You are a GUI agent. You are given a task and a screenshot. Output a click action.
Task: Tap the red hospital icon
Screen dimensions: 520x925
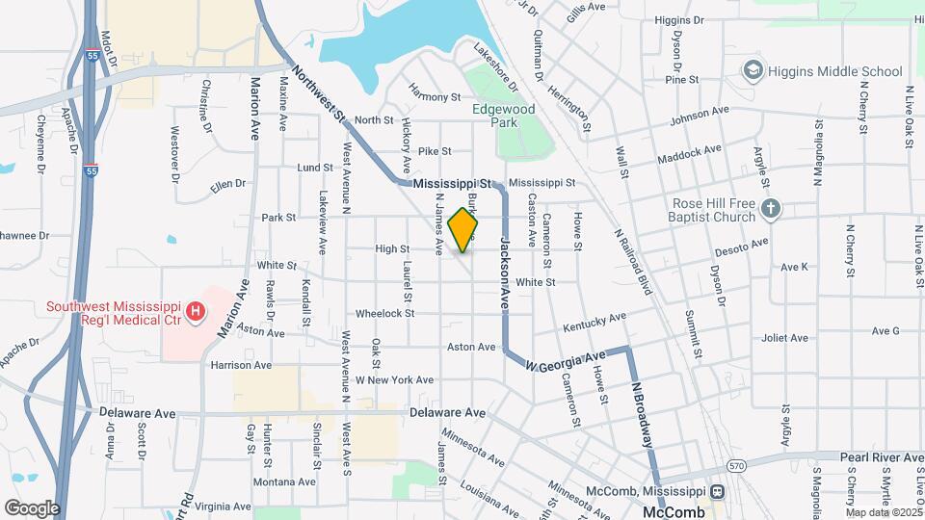point(197,311)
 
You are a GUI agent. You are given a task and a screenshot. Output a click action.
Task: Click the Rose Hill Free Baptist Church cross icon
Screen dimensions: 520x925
point(769,208)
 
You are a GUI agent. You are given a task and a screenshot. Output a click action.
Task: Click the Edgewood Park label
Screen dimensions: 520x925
point(503,117)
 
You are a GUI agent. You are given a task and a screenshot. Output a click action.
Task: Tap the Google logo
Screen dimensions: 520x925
point(31,507)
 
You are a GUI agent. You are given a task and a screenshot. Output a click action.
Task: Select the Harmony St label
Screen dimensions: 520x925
point(435,96)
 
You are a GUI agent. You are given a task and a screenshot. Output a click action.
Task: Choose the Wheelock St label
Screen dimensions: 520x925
point(384,313)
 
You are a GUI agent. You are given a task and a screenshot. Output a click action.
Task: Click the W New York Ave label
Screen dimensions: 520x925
point(394,380)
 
